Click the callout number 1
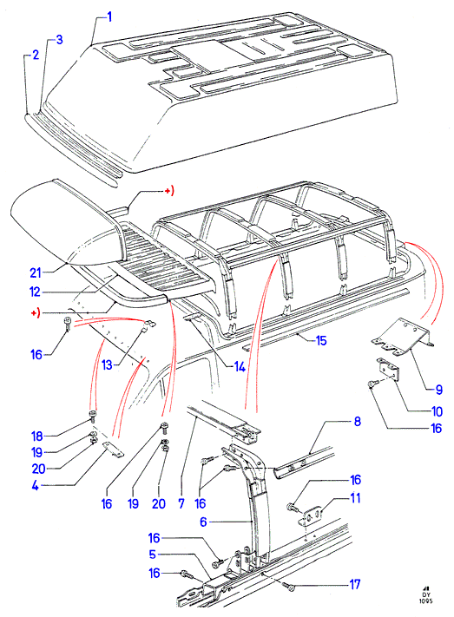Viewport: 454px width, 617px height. point(109,17)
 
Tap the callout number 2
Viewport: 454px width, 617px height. point(36,55)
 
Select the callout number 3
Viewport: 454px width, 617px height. point(59,40)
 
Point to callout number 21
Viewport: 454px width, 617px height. point(36,272)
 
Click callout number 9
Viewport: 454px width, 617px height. point(439,390)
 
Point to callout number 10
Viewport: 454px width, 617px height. point(437,411)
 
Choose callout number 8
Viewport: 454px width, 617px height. point(356,498)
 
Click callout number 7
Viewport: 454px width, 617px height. point(181,503)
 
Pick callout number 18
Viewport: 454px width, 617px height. point(37,436)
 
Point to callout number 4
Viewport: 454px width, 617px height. point(36,486)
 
